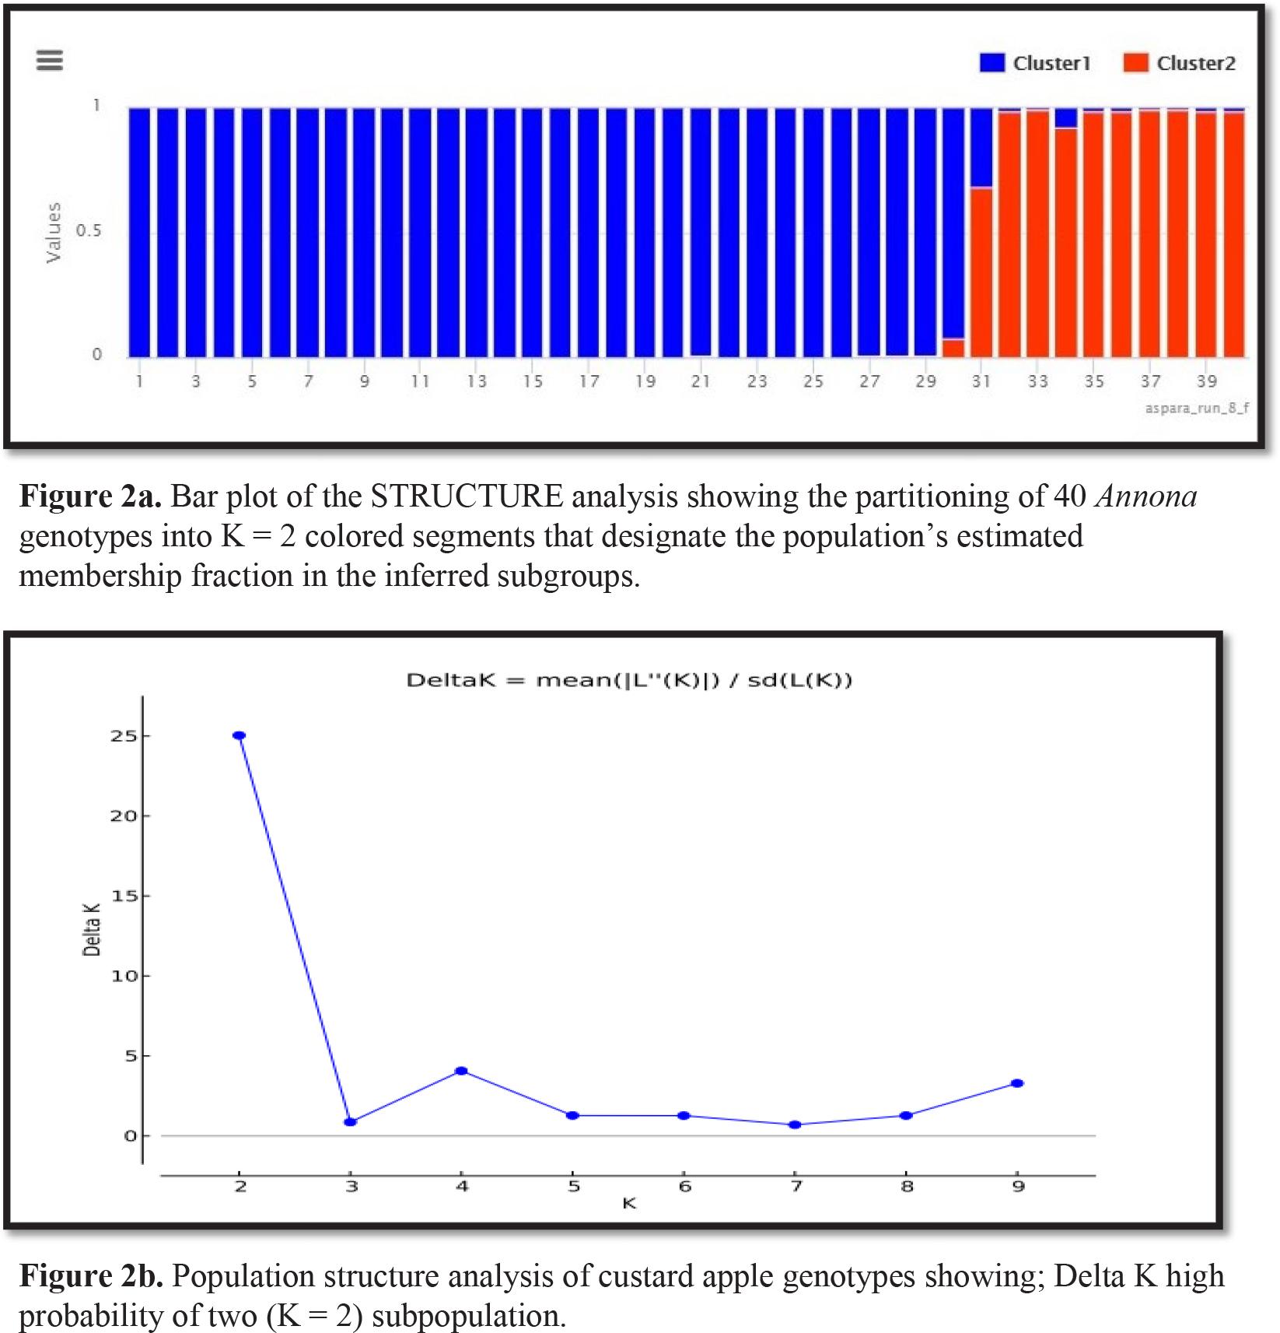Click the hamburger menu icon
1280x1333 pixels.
point(50,61)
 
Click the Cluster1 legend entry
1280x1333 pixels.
point(1035,63)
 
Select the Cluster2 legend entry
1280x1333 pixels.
point(1179,63)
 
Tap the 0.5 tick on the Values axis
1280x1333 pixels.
point(88,231)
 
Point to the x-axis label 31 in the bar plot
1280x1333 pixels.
point(981,381)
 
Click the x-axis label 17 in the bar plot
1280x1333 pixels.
point(589,381)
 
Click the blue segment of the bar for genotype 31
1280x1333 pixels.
point(981,148)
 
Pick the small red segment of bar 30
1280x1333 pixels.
point(953,348)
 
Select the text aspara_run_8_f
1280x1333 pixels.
point(1197,408)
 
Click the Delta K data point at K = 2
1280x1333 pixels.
point(240,735)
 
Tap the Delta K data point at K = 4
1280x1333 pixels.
point(461,1071)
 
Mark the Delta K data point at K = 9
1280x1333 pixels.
point(1017,1083)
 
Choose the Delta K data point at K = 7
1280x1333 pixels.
point(795,1124)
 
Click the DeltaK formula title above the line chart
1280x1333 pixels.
point(629,681)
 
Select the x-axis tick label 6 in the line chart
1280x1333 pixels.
point(684,1187)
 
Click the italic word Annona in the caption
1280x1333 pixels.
point(1145,496)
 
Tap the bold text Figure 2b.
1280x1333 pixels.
point(90,1276)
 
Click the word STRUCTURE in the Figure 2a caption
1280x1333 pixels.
point(466,496)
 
